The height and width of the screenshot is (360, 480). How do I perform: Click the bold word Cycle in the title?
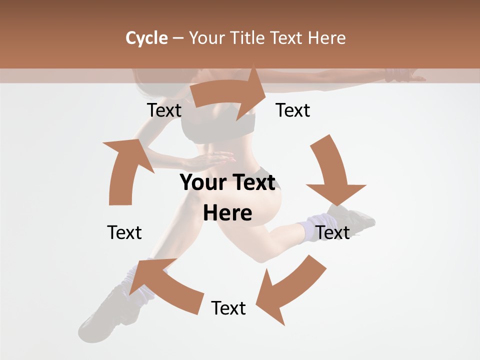point(146,38)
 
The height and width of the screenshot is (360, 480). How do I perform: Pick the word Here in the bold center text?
point(227,213)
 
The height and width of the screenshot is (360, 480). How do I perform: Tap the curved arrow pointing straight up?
point(125,170)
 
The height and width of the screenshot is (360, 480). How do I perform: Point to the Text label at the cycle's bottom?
point(228,308)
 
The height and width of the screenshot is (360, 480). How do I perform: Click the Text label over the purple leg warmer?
point(332,232)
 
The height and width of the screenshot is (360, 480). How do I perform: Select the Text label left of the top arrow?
point(164,110)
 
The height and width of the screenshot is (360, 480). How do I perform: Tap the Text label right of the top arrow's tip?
point(293,110)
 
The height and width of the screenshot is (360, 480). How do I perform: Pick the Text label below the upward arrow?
point(124,232)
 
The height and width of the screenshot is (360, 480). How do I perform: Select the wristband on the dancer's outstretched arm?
point(397,76)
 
